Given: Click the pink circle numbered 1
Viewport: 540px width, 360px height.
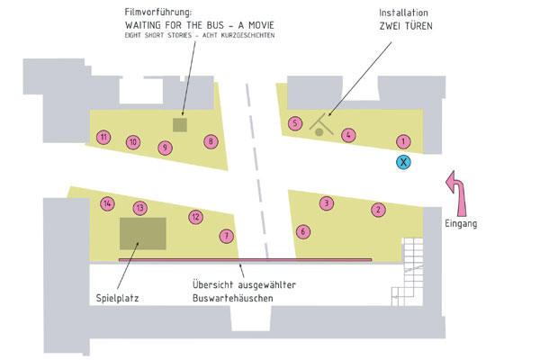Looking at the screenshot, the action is click(x=403, y=141).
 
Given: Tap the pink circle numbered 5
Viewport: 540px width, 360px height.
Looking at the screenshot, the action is click(x=295, y=123).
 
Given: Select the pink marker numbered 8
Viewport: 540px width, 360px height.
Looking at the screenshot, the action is click(x=211, y=141).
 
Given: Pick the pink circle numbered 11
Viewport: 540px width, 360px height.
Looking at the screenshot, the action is click(x=103, y=138).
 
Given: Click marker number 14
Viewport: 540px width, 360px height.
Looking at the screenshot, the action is click(x=107, y=203).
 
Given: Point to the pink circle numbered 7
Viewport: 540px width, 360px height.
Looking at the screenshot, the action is click(x=226, y=236).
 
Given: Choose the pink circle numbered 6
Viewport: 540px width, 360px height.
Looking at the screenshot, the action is click(x=303, y=231).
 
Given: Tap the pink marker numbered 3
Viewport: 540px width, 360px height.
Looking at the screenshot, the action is click(x=327, y=203).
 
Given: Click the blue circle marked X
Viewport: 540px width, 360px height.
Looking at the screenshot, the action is click(x=403, y=162).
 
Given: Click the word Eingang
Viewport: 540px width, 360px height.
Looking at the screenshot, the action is click(x=461, y=223).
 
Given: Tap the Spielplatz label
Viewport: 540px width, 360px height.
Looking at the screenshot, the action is click(x=117, y=298).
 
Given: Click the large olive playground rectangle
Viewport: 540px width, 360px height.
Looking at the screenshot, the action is click(x=143, y=234).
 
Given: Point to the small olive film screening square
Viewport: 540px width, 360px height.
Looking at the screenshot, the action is click(x=180, y=125).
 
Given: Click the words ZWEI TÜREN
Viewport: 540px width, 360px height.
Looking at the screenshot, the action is click(x=406, y=26).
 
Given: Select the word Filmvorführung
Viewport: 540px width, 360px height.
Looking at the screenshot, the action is click(x=158, y=13).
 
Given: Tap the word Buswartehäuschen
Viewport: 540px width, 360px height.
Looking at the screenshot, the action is click(x=232, y=298).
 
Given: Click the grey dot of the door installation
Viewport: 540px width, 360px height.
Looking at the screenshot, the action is click(x=319, y=131).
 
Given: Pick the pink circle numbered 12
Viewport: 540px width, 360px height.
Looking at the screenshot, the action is click(x=195, y=217).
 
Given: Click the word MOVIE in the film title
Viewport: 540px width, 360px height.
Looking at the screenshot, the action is click(x=261, y=25).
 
